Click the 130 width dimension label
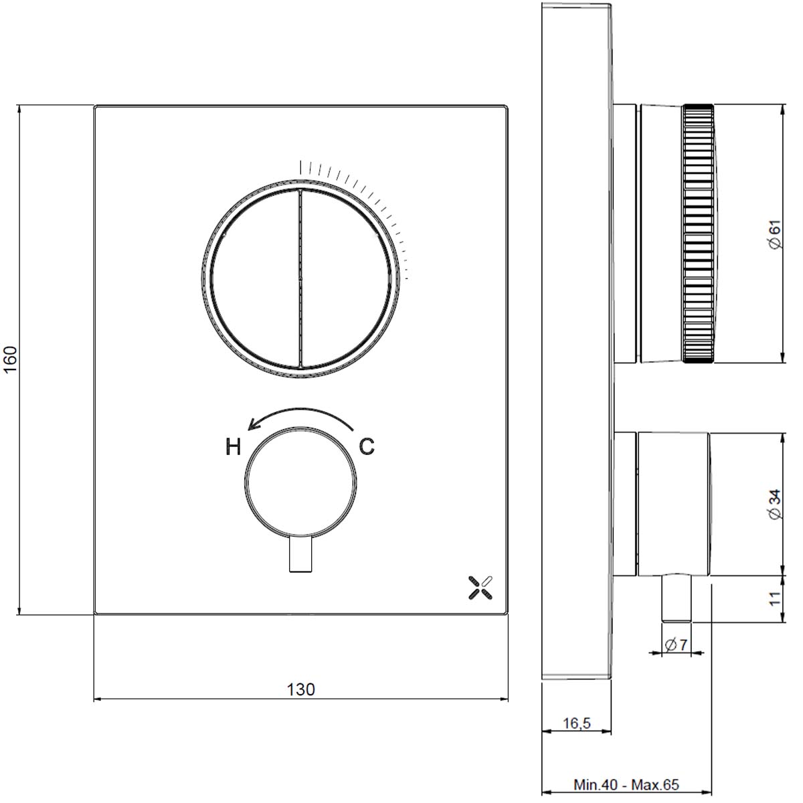tap(300, 689)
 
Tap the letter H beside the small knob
tap(232, 447)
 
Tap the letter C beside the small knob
tap(367, 446)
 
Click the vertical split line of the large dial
tap(300, 278)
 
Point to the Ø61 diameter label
tap(774, 236)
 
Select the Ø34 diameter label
tap(774, 505)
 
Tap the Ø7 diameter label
tap(677, 645)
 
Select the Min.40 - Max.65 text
tap(626, 784)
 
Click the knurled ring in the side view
tap(699, 234)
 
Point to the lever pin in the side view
tap(676, 598)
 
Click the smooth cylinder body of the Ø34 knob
tap(673, 505)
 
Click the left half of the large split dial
tap(254, 278)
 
